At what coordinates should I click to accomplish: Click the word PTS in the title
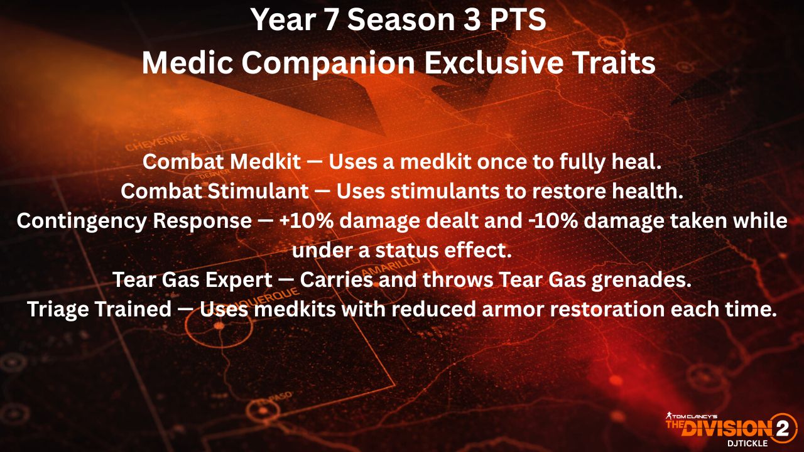(518, 19)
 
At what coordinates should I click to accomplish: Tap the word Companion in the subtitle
(328, 64)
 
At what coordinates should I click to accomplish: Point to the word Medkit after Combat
(265, 162)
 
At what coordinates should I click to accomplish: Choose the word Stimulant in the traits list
(258, 191)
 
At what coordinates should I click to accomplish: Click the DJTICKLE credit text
(747, 443)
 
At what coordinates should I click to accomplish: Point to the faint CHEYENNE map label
(157, 143)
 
